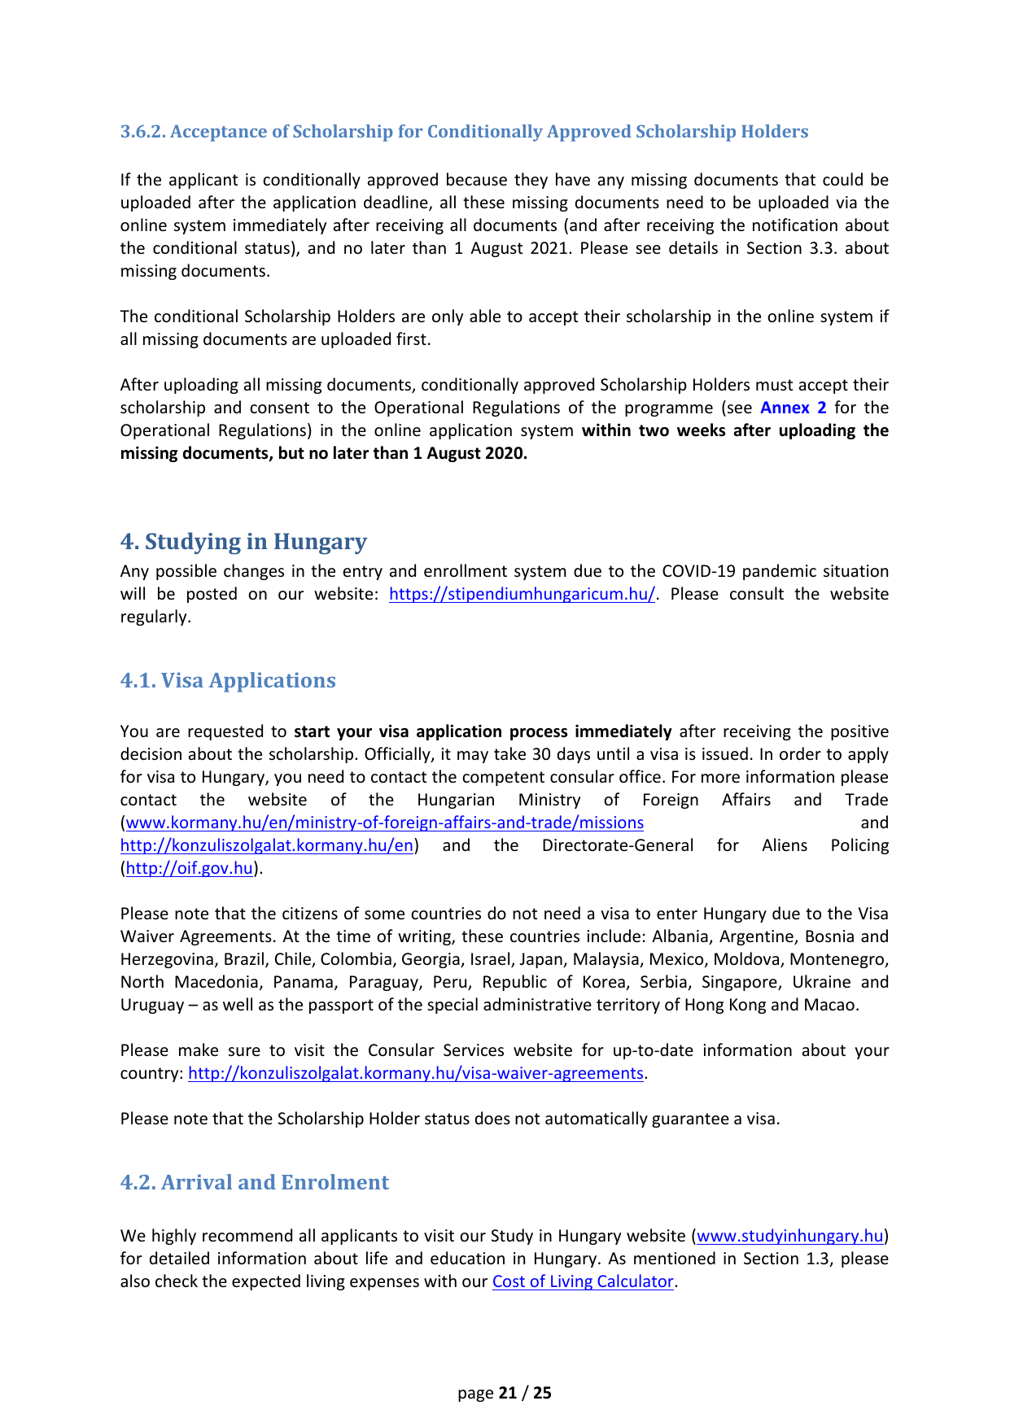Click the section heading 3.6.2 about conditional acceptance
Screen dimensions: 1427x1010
click(464, 132)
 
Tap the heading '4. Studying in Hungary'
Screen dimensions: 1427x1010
click(243, 542)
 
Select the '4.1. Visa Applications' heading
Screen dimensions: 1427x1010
click(228, 681)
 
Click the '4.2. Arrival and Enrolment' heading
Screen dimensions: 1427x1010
click(255, 1183)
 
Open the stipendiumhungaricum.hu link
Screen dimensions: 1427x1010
click(522, 595)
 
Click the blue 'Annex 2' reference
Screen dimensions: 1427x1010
click(793, 408)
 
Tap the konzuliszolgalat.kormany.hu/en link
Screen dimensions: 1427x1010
click(267, 846)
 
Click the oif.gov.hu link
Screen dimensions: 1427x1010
click(190, 869)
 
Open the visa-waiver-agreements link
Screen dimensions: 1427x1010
click(416, 1074)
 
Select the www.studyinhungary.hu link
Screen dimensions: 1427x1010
click(790, 1237)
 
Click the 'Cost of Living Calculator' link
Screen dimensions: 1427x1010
click(583, 1282)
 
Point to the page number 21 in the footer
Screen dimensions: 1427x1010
click(508, 1393)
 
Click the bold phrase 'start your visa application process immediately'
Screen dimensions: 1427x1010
click(483, 732)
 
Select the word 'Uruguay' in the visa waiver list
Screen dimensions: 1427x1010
click(152, 1006)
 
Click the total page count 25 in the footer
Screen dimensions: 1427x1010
click(542, 1393)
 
